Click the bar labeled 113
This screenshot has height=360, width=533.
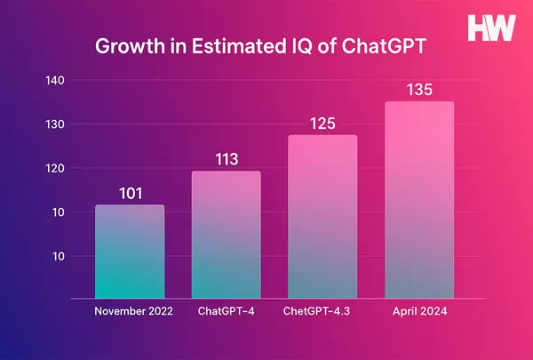tap(227, 235)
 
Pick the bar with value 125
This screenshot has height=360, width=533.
tap(322, 217)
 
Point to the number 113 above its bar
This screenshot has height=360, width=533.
tap(227, 160)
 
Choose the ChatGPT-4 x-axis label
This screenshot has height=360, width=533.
tap(227, 312)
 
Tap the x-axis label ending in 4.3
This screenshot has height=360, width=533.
tap(322, 312)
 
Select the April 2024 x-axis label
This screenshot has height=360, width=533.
tap(418, 312)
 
